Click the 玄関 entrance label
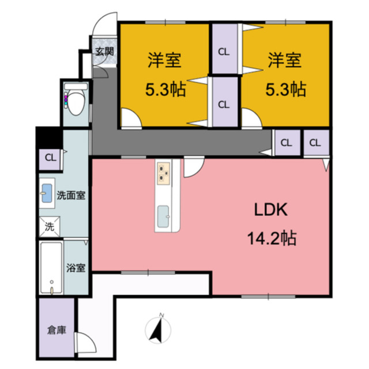(104, 51)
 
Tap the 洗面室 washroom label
(71, 195)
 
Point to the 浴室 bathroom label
(76, 268)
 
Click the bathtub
(51, 269)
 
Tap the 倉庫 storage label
(56, 330)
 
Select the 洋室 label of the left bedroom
(164, 61)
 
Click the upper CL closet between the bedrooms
(224, 51)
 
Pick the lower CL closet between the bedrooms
(224, 104)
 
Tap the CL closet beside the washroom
(51, 157)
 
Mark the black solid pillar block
(48, 138)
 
